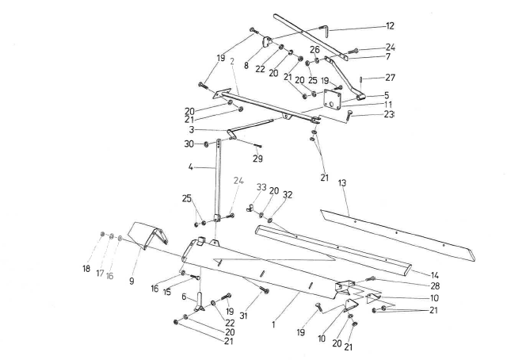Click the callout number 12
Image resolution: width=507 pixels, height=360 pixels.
pyautogui.click(x=389, y=26)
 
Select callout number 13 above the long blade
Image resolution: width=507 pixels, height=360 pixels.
pyautogui.click(x=342, y=182)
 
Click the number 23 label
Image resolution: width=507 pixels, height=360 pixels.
pyautogui.click(x=389, y=114)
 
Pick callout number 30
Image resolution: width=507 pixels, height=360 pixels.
pyautogui.click(x=188, y=144)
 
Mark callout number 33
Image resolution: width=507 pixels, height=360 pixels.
pyautogui.click(x=260, y=187)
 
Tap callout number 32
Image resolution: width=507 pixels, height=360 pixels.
pyautogui.click(x=288, y=194)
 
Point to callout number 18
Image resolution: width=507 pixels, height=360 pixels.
pyautogui.click(x=86, y=269)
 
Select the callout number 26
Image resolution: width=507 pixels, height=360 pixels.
pyautogui.click(x=314, y=48)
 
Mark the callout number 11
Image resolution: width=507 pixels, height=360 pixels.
pyautogui.click(x=389, y=104)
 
